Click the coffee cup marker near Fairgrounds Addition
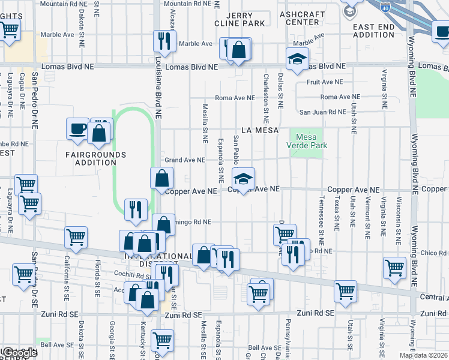click(x=77, y=130)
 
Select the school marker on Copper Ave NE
click(x=243, y=179)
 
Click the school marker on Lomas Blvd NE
click(x=297, y=60)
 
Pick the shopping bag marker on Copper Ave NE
click(x=162, y=178)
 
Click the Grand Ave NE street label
click(x=185, y=160)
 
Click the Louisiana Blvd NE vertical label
click(x=159, y=97)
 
